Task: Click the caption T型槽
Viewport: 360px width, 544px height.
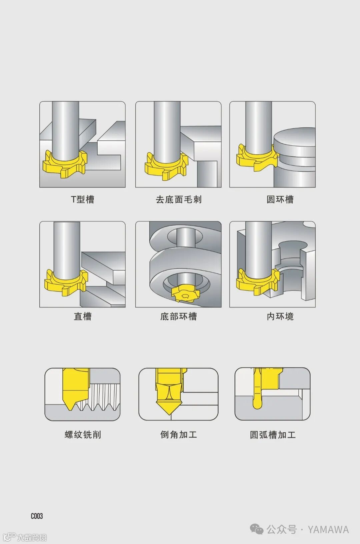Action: pyautogui.click(x=82, y=199)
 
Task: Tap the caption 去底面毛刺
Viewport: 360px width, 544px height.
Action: pyautogui.click(x=179, y=199)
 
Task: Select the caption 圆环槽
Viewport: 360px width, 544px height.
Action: pyautogui.click(x=280, y=199)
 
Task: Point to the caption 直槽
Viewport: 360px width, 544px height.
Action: pyautogui.click(x=83, y=316)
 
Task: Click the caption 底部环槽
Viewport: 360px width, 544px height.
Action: pyautogui.click(x=179, y=316)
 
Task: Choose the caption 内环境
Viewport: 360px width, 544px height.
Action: pyautogui.click(x=280, y=316)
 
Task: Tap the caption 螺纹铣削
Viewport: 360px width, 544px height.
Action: pyautogui.click(x=83, y=435)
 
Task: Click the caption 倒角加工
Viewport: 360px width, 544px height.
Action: pyautogui.click(x=179, y=435)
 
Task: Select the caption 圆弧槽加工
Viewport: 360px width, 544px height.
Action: pyautogui.click(x=273, y=435)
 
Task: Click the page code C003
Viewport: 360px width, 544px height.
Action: pyautogui.click(x=37, y=516)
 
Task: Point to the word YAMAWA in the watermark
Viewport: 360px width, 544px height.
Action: pyautogui.click(x=328, y=530)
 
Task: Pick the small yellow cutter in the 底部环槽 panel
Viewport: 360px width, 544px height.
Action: pyautogui.click(x=185, y=294)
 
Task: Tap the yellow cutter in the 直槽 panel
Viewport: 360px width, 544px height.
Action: pyautogui.click(x=65, y=284)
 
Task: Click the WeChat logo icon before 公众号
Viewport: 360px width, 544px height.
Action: pyautogui.click(x=257, y=529)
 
